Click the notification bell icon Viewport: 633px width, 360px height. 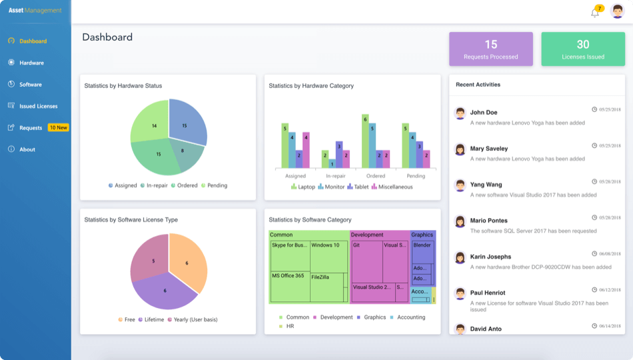(595, 13)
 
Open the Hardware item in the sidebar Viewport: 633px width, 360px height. (31, 63)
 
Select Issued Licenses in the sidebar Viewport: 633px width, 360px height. (38, 106)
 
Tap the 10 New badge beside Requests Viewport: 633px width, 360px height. (59, 127)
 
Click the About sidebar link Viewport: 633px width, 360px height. (27, 149)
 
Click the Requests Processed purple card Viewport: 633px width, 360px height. (491, 49)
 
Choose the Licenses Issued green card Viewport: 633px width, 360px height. (583, 49)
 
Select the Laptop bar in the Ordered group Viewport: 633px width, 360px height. (365, 141)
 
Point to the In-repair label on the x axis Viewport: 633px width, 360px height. (335, 176)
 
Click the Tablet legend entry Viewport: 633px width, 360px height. (358, 187)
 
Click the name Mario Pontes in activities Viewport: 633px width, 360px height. (488, 221)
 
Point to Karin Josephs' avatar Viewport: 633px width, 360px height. (460, 257)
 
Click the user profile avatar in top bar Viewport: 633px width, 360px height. (617, 11)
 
